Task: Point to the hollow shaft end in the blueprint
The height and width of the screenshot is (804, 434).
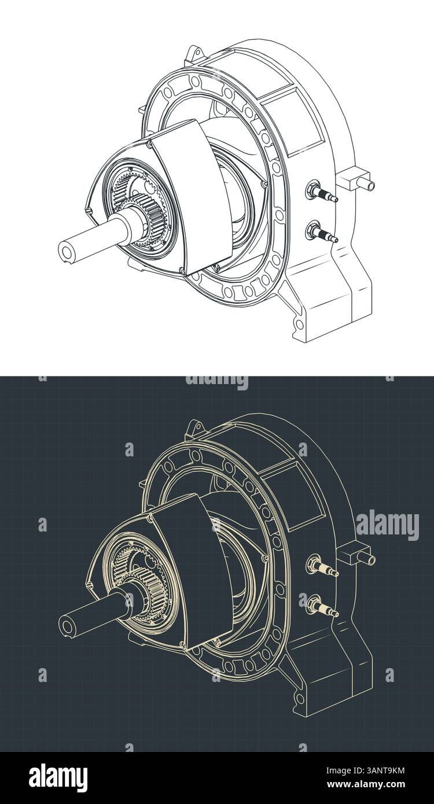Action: pos(68,624)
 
